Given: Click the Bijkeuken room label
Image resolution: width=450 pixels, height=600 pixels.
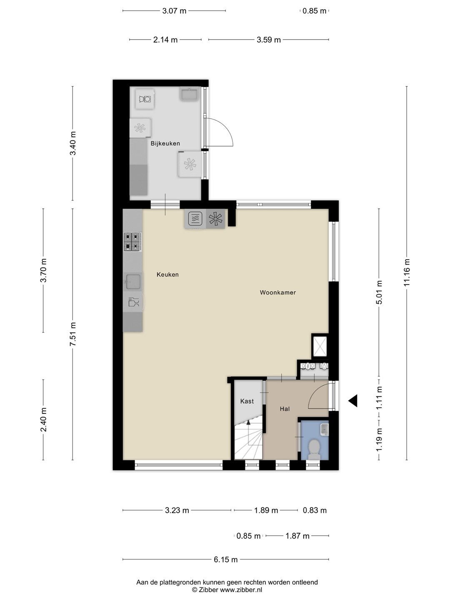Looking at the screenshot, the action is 165,143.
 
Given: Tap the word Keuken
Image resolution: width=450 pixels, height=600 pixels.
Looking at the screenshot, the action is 167,275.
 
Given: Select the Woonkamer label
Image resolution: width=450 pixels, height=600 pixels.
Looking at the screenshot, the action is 278,292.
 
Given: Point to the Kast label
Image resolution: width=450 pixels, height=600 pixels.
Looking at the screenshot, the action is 247,401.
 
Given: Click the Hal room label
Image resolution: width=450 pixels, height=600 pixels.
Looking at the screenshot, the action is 285,409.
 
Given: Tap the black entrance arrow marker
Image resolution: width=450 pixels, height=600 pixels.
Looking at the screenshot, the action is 353,401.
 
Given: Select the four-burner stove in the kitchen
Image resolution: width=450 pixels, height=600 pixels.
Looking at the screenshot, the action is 132,242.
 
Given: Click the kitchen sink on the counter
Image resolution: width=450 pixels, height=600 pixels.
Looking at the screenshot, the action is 133,282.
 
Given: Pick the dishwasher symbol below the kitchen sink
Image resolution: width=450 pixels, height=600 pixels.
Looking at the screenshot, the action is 134,302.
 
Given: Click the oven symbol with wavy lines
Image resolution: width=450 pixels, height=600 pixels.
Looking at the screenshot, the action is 195,219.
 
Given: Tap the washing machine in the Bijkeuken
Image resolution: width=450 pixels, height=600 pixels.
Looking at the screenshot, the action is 145,99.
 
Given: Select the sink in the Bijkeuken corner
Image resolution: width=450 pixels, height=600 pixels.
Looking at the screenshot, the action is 190,94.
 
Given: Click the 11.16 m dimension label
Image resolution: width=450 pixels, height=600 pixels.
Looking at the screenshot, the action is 407,272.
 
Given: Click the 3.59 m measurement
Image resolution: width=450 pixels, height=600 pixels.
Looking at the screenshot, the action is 269,40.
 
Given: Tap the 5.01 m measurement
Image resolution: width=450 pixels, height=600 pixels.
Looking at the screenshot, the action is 379,292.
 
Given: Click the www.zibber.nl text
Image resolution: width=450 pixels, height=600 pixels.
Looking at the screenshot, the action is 241,582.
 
